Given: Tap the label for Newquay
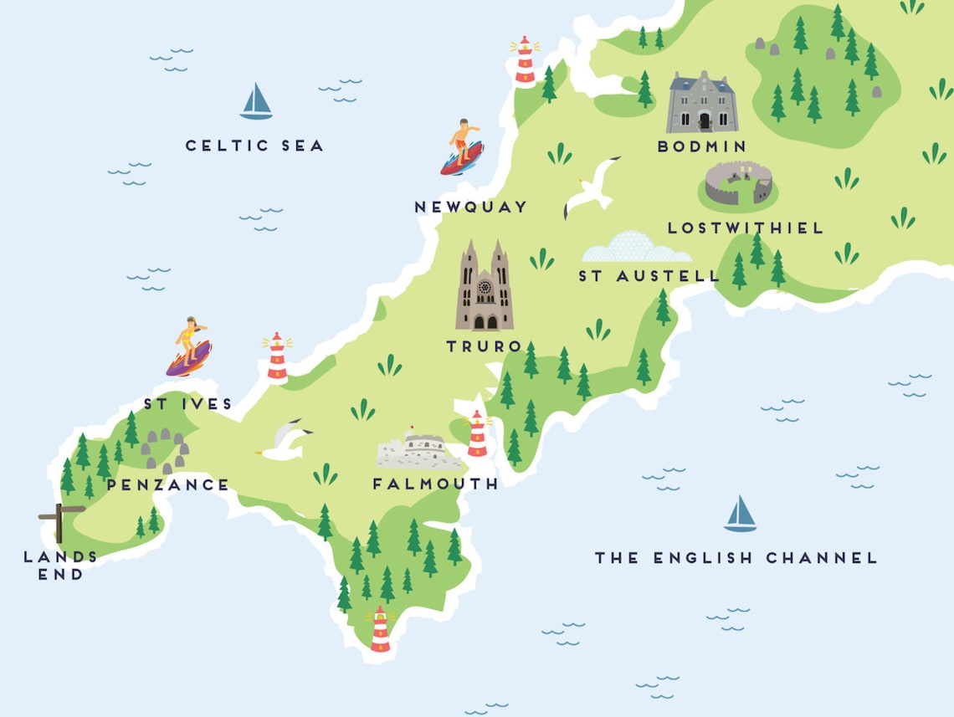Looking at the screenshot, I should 471,207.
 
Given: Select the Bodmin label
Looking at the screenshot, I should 701,146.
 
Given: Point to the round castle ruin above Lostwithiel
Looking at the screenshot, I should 737,185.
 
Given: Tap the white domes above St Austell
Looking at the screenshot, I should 636,248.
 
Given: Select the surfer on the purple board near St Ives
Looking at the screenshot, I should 189,346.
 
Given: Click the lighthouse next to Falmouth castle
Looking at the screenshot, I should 477,434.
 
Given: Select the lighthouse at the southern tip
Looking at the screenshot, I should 380,629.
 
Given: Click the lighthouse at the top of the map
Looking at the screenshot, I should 525,60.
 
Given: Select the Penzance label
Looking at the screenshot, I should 167,484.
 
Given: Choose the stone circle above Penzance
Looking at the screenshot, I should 164,451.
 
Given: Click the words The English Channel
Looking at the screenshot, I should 736,557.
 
